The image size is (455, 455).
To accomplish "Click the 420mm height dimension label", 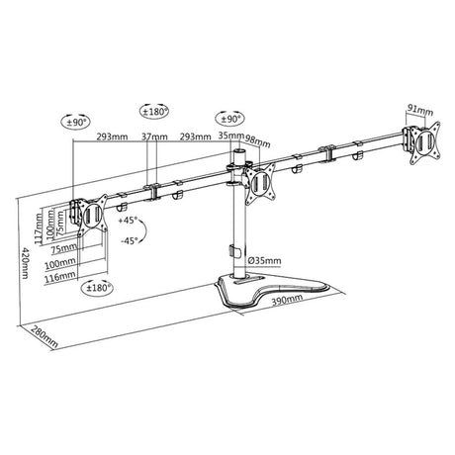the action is [25, 263].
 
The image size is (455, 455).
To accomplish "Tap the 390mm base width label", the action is [287, 300].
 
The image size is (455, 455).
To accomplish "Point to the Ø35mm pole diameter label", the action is [264, 261].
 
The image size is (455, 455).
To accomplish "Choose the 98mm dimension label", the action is [258, 141].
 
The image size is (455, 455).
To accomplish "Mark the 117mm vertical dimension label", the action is [39, 228].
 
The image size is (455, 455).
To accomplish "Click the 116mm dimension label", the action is [56, 278].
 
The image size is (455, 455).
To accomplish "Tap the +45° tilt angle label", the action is [129, 220].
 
